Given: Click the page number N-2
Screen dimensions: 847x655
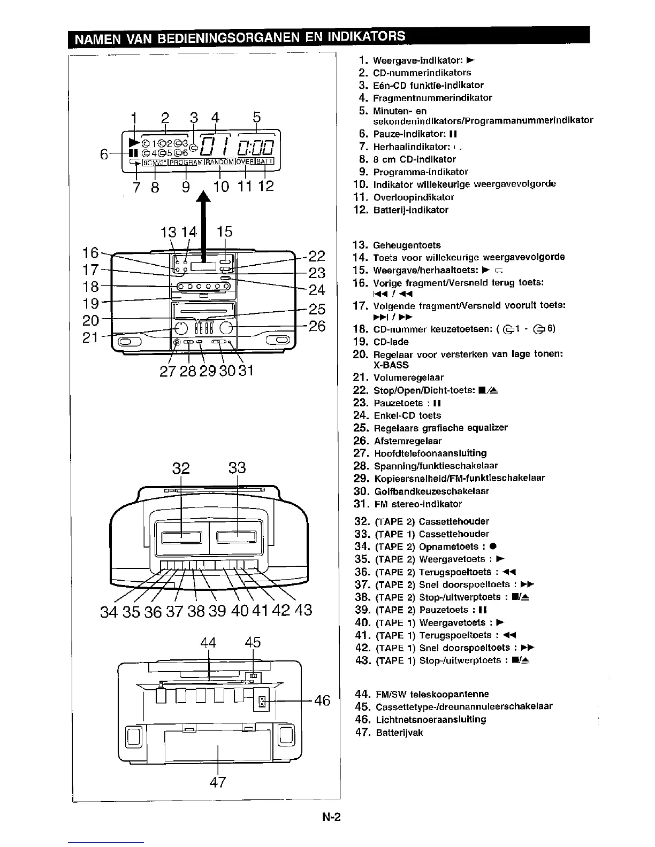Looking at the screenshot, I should coord(331,817).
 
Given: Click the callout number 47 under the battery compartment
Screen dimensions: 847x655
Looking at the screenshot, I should coord(218,782).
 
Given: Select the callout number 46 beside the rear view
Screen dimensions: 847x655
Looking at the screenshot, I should coord(322,700).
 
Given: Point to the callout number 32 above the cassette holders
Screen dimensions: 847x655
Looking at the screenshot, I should coord(181,468).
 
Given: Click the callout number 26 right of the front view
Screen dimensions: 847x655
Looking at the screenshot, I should coord(317,326).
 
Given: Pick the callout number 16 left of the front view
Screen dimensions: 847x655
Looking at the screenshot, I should coord(91,252).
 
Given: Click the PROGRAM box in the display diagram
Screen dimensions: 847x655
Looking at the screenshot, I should coord(186,162).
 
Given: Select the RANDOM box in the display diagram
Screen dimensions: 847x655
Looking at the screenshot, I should coord(219,162).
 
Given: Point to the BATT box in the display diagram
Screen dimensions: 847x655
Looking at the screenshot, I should coord(265,162).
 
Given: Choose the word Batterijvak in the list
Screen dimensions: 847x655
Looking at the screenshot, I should coord(398,733).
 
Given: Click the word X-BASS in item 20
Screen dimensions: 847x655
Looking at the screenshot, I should coord(391,365).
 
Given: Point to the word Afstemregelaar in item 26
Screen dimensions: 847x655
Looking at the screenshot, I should coord(408,441).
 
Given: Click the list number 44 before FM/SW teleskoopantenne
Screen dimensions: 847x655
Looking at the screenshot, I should coord(362,694).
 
